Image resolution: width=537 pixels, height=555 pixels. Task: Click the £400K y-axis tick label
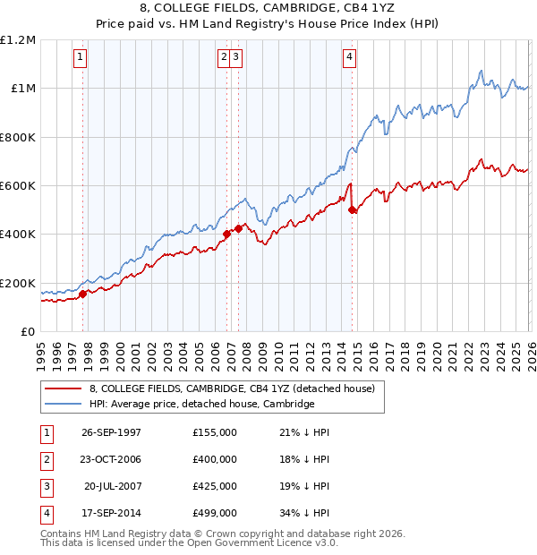coord(18,235)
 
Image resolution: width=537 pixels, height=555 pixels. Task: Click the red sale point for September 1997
coord(83,294)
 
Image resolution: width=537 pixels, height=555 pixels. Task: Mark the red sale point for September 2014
coord(352,210)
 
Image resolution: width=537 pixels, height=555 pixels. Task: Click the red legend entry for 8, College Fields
coord(237,389)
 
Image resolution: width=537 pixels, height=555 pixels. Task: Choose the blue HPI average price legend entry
coord(201,405)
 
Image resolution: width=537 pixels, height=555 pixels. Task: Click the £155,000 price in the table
coord(215,432)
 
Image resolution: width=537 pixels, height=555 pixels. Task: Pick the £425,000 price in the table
coord(215,486)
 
